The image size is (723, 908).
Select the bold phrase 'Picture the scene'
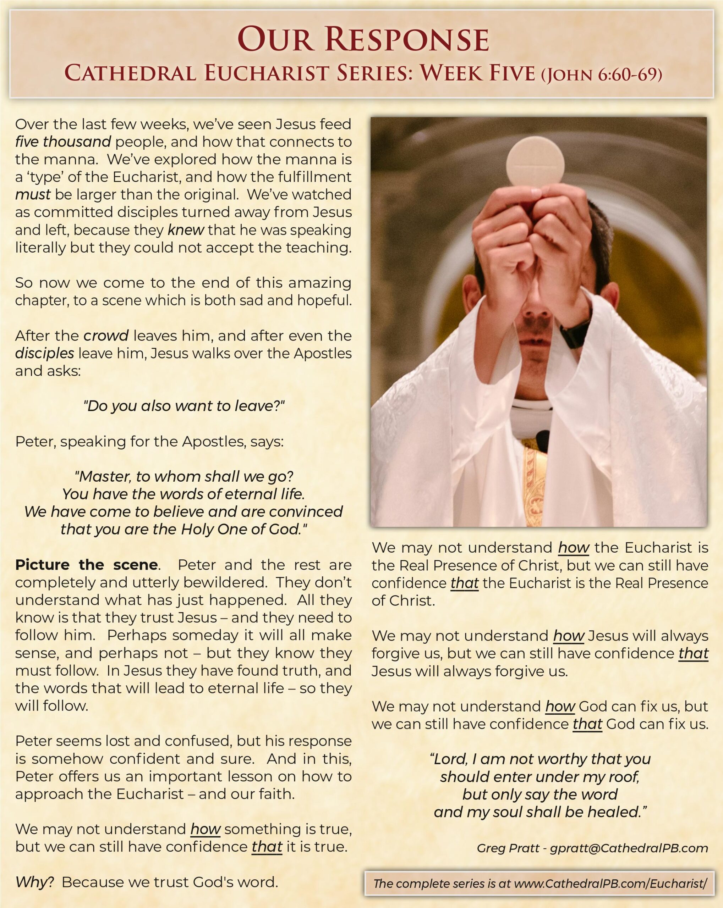pos(86,565)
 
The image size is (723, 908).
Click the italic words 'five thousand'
pos(63,142)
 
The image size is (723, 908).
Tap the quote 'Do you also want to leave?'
pos(184,406)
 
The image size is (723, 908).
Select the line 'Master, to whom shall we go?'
pos(184,476)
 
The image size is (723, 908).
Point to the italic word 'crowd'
pos(106,336)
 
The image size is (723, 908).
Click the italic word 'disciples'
pos(45,353)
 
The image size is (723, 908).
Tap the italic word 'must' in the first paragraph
pos(33,195)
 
